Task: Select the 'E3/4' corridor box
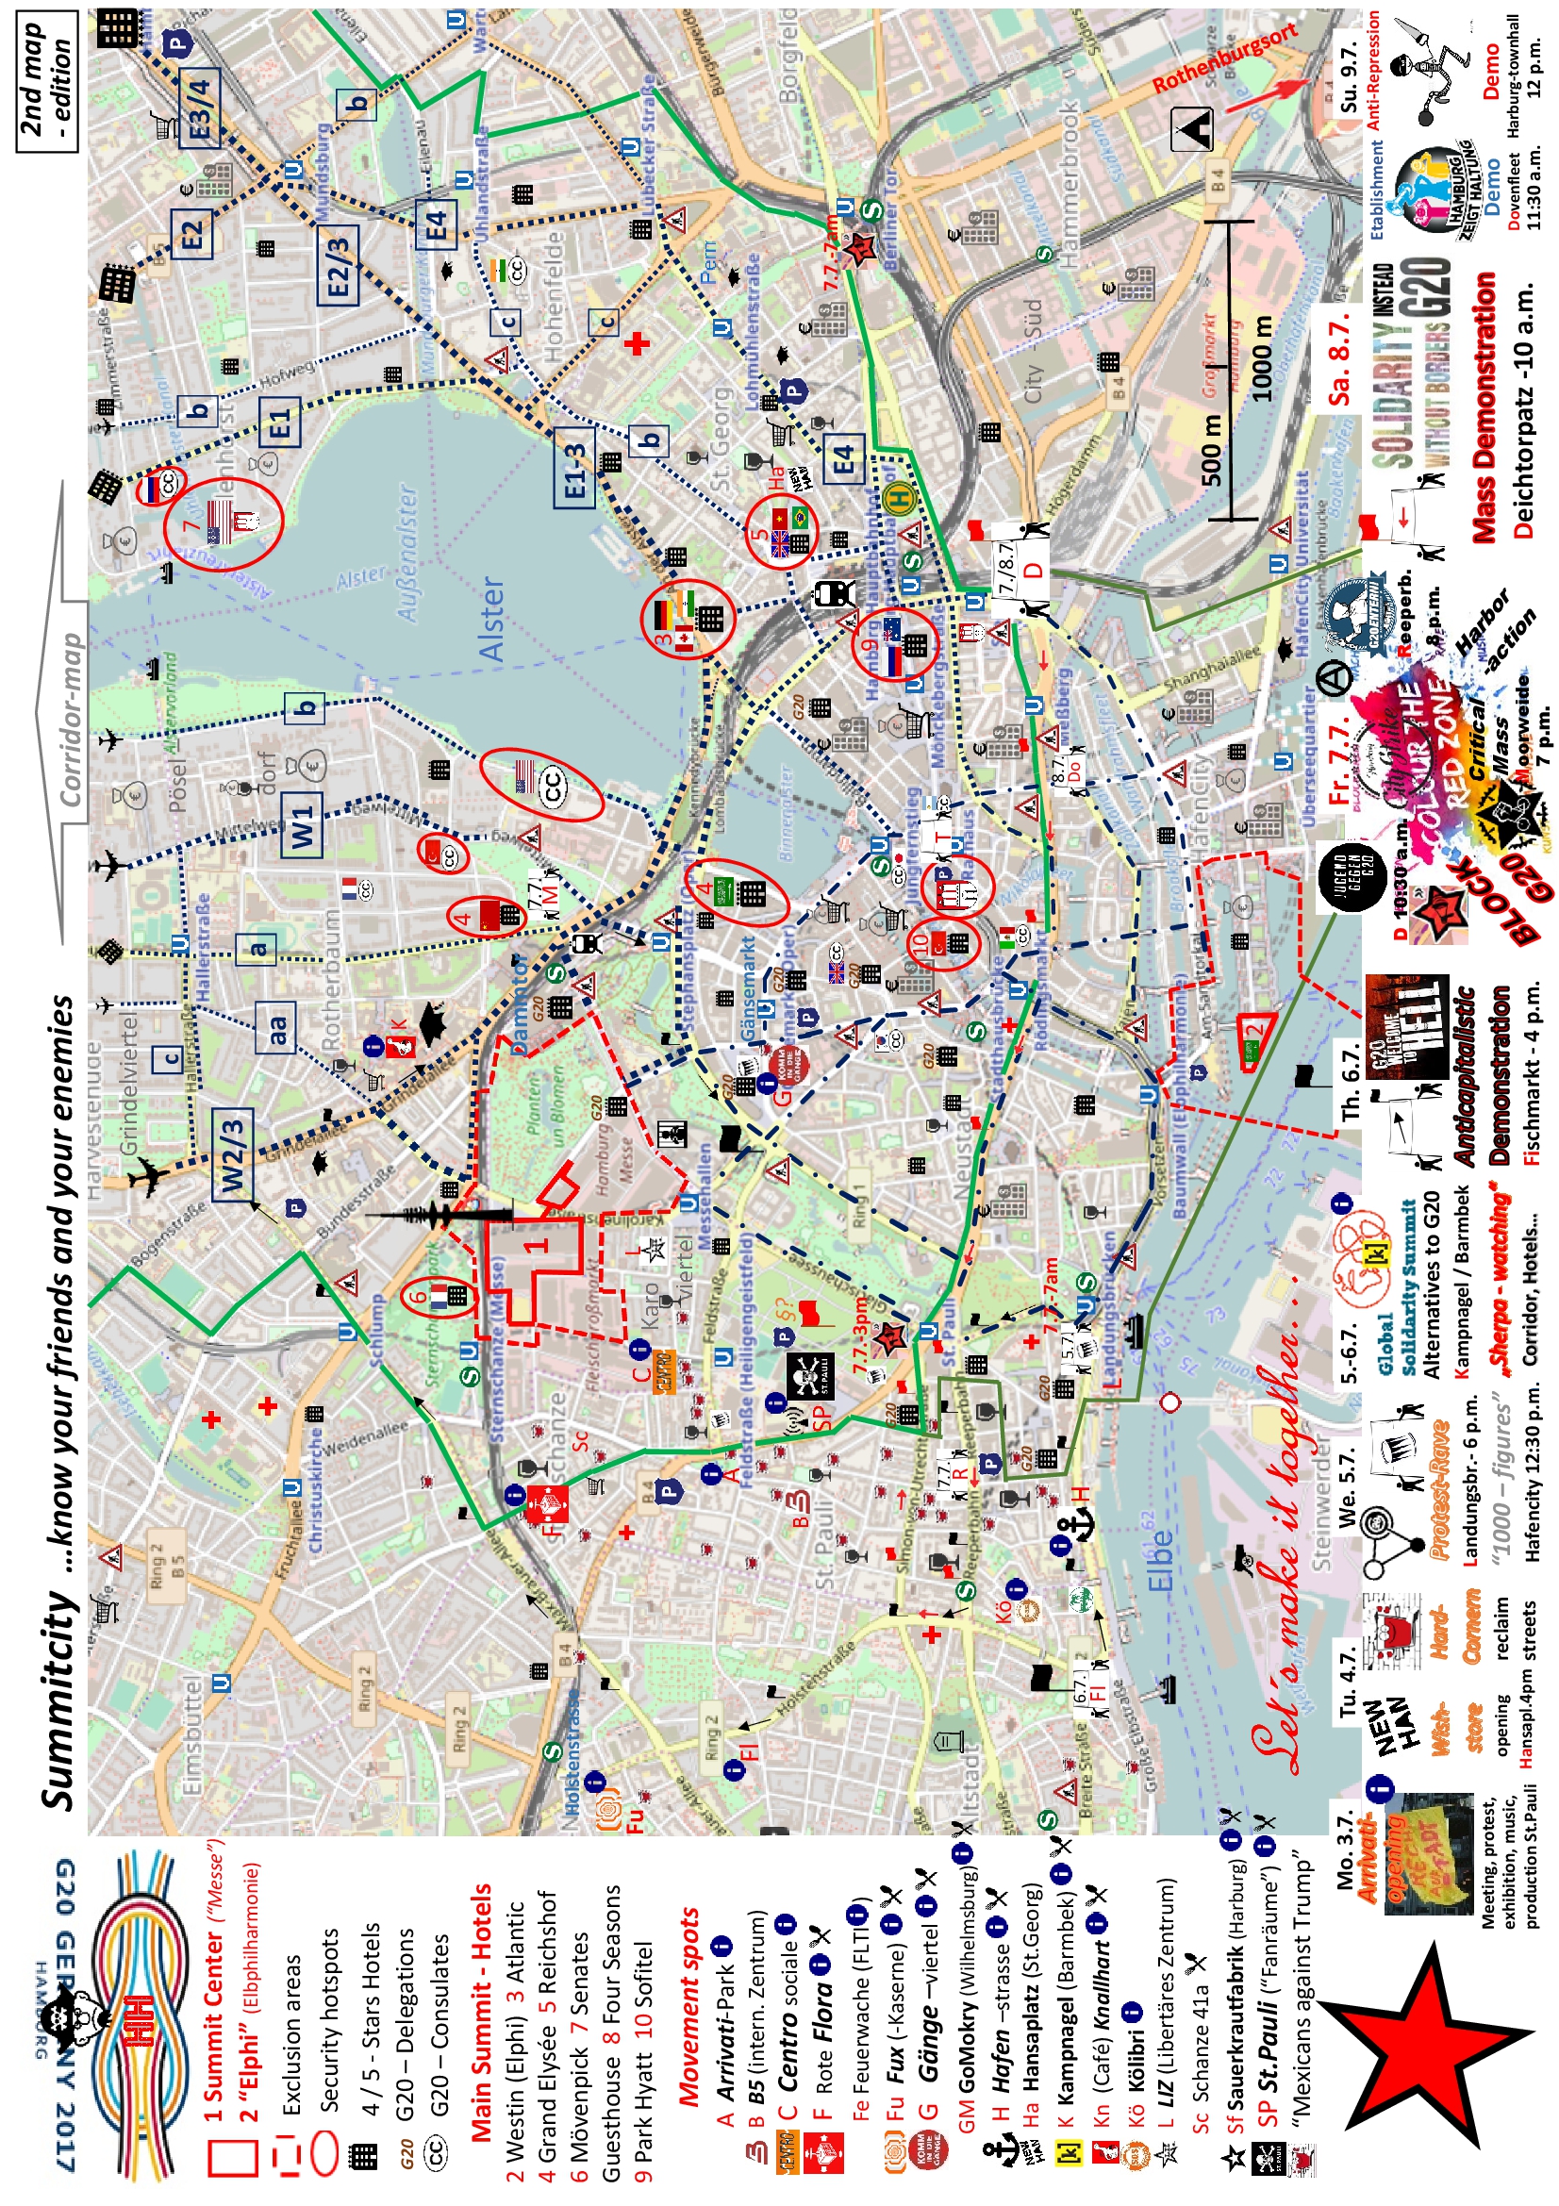coord(199,108)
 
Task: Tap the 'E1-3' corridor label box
coord(574,468)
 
